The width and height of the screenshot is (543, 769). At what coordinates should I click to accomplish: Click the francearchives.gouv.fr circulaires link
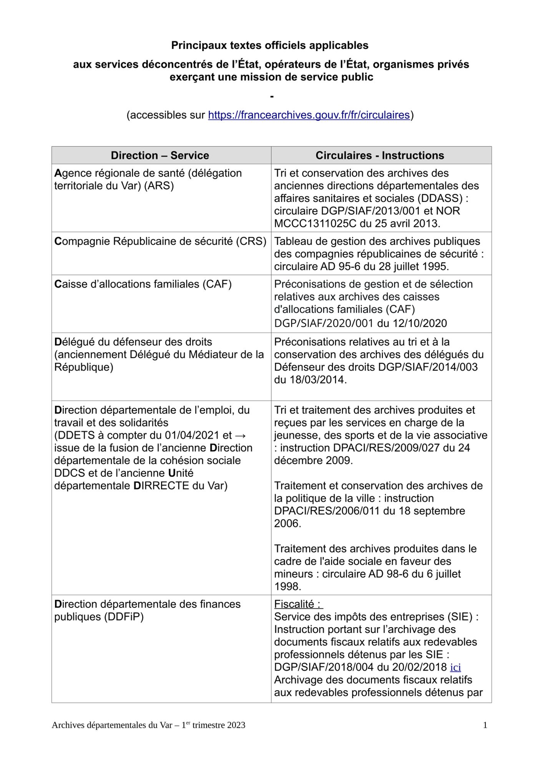pos(309,115)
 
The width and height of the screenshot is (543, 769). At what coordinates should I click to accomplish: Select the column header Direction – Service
pos(160,155)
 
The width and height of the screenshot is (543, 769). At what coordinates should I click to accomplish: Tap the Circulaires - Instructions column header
pos(380,155)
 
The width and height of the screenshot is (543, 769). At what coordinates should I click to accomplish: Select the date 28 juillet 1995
pos(413,266)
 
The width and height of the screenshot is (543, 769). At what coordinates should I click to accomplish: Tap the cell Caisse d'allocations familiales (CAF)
pos(143,284)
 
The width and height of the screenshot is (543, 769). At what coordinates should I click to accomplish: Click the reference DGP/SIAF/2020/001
pos(324,323)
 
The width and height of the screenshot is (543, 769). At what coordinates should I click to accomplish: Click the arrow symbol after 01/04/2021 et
pos(240,435)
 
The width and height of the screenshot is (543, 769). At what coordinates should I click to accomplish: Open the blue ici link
pos(455,667)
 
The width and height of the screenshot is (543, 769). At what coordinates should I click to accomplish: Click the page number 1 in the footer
pos(485,725)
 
